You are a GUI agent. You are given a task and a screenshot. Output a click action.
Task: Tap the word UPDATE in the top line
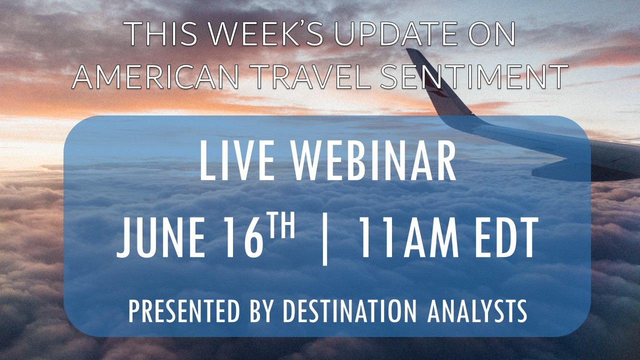click(398, 33)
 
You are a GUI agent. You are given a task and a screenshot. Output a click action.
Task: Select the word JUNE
click(160, 237)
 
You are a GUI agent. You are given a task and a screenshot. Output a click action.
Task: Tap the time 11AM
click(409, 237)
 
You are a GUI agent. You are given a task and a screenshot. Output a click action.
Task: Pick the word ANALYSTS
click(477, 311)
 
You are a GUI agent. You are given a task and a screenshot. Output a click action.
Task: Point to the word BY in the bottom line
click(260, 311)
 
